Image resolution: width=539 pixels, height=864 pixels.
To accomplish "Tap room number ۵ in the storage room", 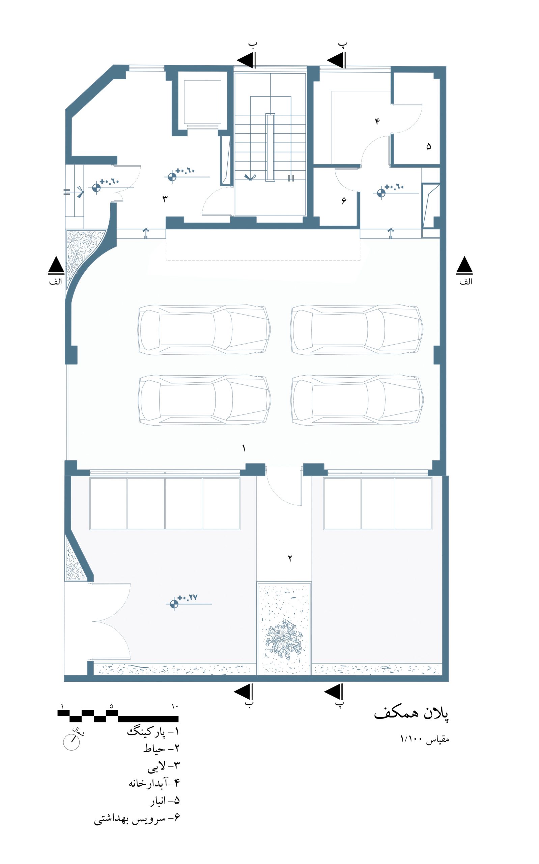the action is coord(428,146).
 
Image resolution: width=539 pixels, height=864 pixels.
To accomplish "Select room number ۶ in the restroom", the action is coord(344,201).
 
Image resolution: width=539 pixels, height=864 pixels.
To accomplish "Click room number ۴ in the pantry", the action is coord(377,122).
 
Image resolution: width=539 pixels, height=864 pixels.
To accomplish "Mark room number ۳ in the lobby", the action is coord(165,198).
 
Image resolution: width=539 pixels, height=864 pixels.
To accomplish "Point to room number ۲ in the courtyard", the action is coord(290,559).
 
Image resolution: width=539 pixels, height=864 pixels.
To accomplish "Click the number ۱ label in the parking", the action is coord(244,448).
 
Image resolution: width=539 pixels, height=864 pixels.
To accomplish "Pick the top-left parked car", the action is coord(204,329).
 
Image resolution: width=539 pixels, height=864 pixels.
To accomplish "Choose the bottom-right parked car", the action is coord(357,400).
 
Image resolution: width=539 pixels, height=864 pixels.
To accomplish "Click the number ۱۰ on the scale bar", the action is coord(175,706).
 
